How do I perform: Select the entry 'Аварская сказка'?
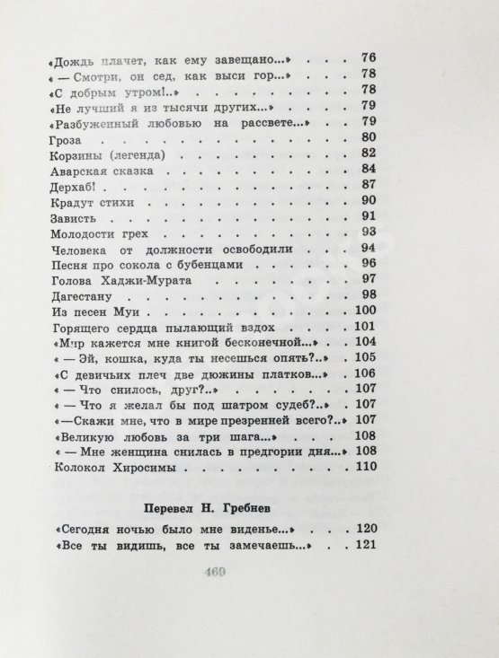(96, 170)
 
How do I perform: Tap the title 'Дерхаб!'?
(68, 186)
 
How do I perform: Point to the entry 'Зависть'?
(67, 217)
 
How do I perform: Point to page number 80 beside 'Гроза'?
(366, 137)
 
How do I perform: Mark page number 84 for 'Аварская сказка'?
(366, 169)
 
